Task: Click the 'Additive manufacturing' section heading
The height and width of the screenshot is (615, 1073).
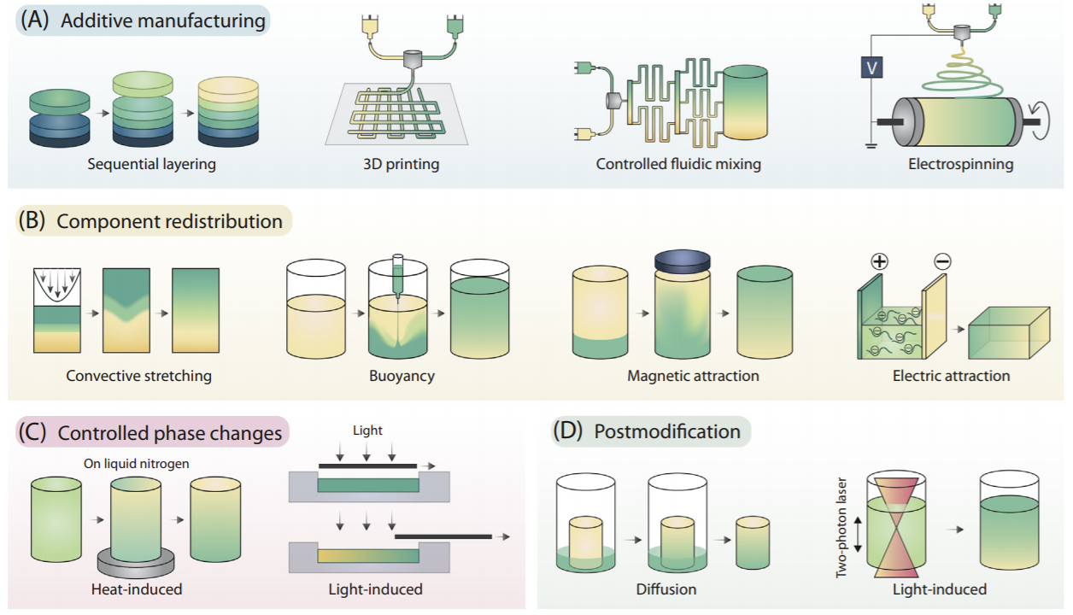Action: point(162,20)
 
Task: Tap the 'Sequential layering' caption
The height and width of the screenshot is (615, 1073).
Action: point(151,164)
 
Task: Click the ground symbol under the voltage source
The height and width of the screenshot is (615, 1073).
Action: point(871,144)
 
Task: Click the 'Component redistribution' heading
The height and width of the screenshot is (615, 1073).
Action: point(169,221)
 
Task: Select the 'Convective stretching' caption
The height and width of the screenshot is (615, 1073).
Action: point(138,375)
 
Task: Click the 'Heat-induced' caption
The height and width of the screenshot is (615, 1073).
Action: point(137,589)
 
